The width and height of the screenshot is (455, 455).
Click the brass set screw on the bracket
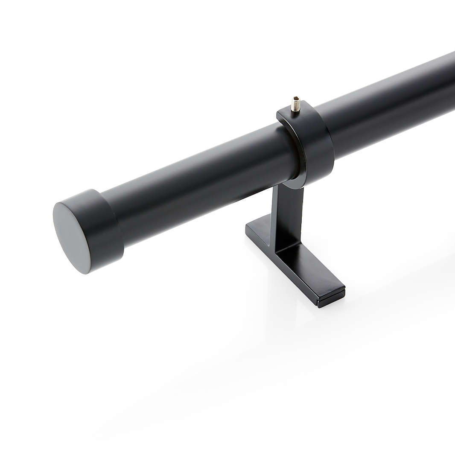pos(295,104)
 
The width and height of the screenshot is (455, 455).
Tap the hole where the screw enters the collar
pos(295,111)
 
